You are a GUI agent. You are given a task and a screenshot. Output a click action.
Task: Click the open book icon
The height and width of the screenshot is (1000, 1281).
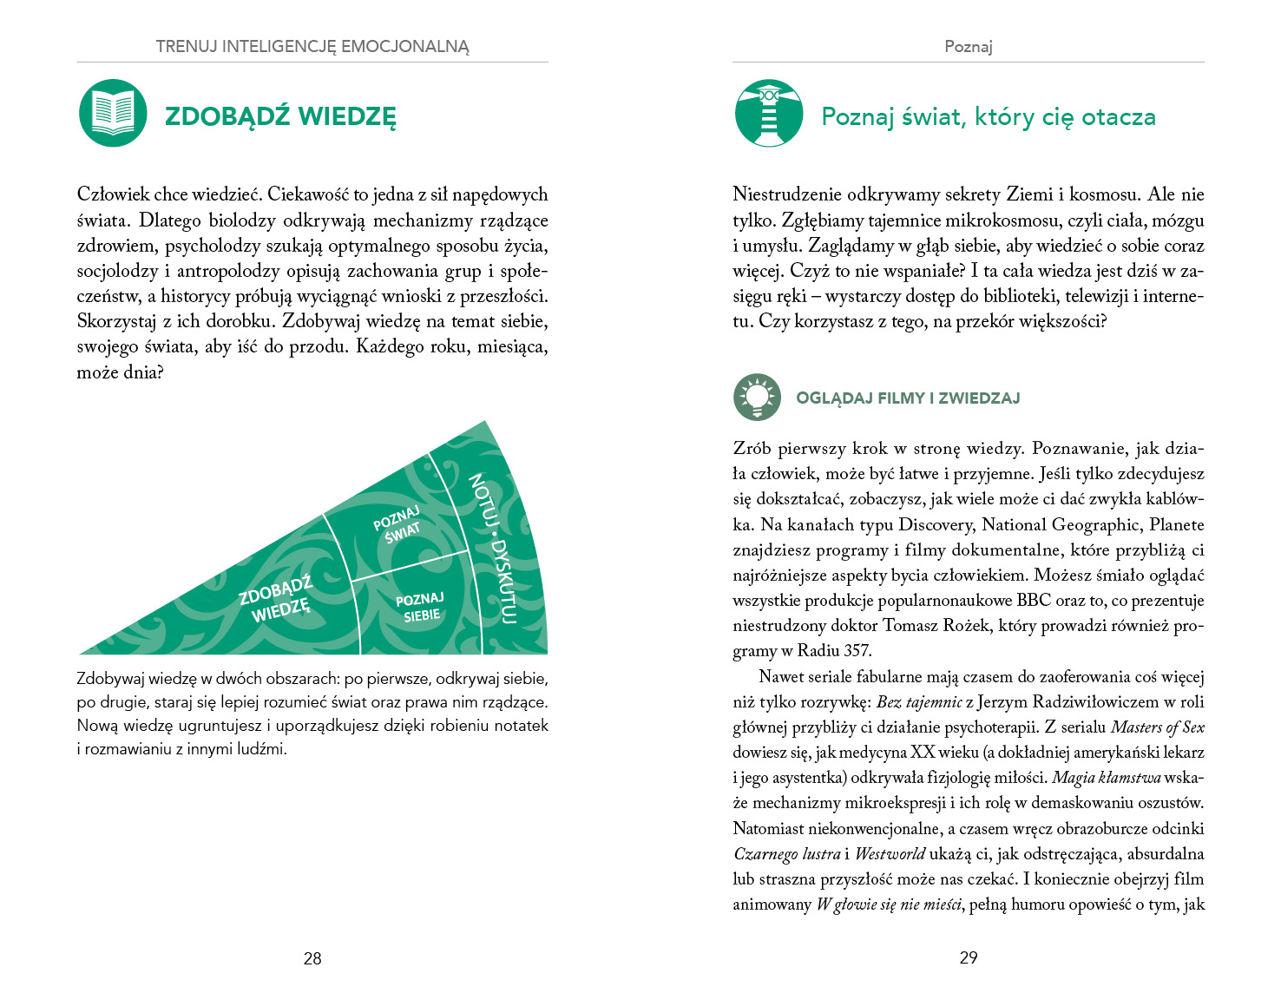(113, 113)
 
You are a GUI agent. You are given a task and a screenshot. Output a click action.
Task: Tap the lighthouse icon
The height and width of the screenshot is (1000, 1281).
(769, 113)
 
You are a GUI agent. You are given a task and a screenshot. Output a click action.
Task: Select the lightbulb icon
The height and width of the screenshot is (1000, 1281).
(757, 398)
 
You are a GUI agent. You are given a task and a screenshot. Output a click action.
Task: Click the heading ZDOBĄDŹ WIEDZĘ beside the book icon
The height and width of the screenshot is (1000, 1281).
(280, 116)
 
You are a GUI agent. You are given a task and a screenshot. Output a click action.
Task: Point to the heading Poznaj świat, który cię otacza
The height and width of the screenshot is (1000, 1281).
(989, 116)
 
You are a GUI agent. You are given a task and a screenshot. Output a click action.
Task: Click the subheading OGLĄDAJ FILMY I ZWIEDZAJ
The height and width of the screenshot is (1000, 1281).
(908, 398)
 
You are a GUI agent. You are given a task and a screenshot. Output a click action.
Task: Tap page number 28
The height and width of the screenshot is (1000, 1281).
(312, 958)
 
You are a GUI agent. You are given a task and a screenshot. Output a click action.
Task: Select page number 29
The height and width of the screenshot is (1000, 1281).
(969, 957)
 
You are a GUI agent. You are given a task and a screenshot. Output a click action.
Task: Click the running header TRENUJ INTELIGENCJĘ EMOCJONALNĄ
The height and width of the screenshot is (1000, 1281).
(312, 47)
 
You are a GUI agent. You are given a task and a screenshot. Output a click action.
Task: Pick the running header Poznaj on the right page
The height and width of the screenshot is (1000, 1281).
(969, 47)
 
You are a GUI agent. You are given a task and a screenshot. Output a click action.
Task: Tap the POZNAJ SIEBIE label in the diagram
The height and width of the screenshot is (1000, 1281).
(421, 608)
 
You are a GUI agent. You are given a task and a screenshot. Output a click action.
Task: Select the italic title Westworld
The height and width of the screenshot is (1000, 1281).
(890, 853)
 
